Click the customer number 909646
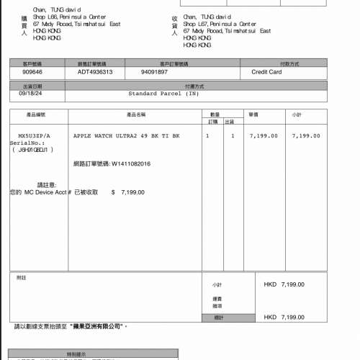[32, 72]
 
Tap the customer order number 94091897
[154, 72]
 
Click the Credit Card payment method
[266, 72]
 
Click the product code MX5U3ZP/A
[35, 135]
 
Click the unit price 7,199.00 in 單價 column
[264, 135]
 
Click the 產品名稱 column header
[136, 114]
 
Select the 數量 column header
[215, 114]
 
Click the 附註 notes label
[21, 278]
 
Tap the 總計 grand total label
[217, 318]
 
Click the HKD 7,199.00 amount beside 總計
[284, 318]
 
